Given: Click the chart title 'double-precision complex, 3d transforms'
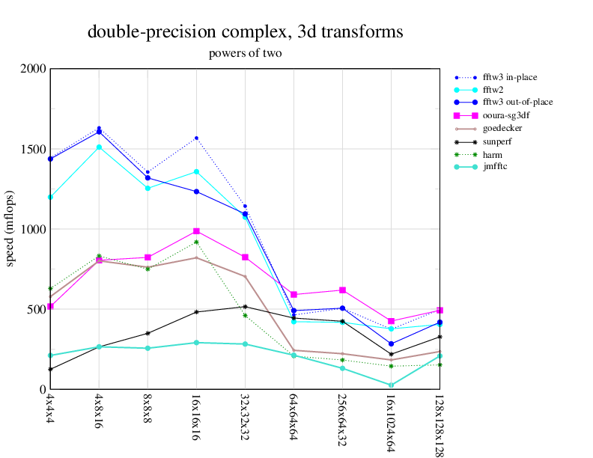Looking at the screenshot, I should point(245,32).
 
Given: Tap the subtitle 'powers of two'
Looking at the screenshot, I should point(245,54).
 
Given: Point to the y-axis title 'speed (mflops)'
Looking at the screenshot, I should point(11,229).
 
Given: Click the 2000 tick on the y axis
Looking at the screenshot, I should point(34,69).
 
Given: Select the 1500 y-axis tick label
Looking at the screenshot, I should point(34,149).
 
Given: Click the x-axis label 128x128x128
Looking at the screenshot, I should point(440,423).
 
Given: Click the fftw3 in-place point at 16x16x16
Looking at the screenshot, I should point(196,138).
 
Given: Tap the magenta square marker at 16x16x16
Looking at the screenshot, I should point(196,231).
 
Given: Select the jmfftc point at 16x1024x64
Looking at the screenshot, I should point(391,385).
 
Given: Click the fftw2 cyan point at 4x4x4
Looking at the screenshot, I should point(50,197).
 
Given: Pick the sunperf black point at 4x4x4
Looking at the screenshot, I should point(50,369).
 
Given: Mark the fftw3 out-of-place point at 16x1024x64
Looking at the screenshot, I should point(391,343).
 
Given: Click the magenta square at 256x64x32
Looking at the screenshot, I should point(342,290).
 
